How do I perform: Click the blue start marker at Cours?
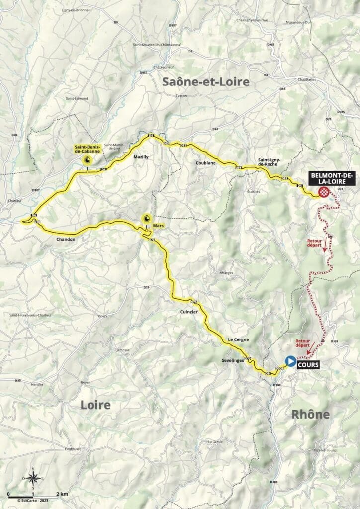[x=289, y=361]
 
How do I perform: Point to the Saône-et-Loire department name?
[x=205, y=82]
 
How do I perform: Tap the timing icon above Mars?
[x=147, y=218]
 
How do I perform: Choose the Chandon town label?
[x=66, y=239]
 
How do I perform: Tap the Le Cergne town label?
[x=237, y=339]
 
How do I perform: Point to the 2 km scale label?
[x=62, y=494]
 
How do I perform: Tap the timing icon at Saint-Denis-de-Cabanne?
[x=87, y=160]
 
